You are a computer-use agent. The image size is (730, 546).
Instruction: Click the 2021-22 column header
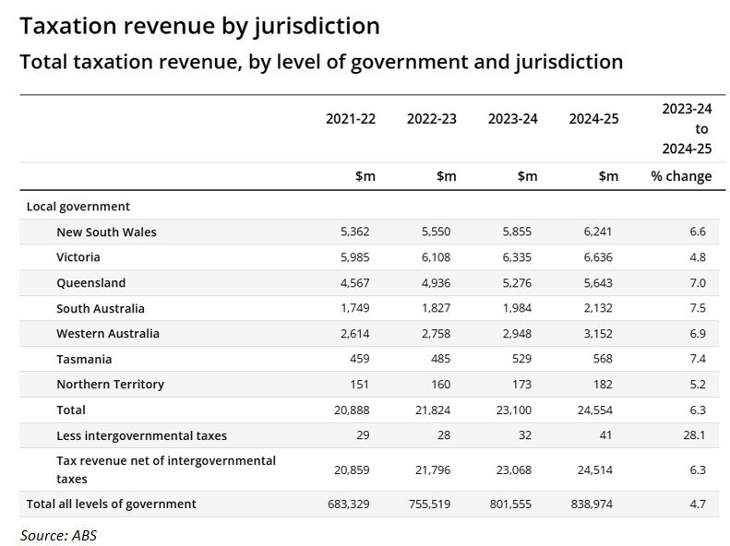coord(350,119)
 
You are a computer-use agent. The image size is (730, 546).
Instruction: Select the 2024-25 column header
coord(593,119)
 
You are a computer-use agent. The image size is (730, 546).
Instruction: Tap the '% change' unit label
coord(681,176)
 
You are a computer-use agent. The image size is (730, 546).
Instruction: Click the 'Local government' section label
coord(78,207)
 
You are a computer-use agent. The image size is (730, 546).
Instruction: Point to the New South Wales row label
coord(106,232)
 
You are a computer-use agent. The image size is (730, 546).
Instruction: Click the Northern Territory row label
coord(110,385)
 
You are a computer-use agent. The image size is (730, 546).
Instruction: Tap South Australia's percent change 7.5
coord(697,308)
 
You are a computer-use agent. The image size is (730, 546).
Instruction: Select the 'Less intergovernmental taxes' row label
coord(141,435)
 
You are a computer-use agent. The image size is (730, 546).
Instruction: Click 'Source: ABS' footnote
coord(58,535)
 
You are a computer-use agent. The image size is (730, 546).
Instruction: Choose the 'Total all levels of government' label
coord(111,504)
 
